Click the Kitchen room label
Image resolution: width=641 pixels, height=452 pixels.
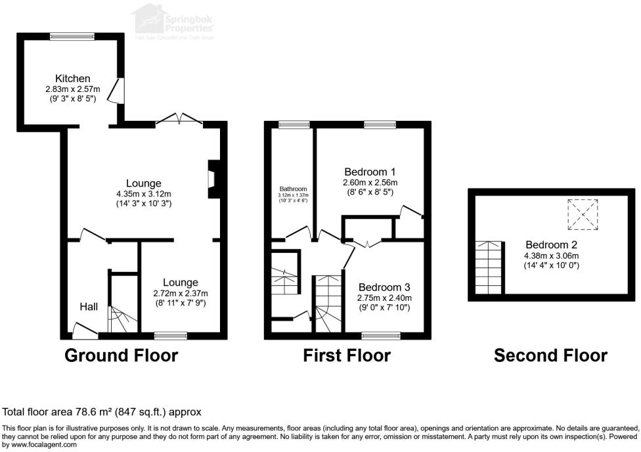[72, 79]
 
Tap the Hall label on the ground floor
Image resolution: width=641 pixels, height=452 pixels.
[89, 307]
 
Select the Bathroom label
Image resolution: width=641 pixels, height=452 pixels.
[292, 187]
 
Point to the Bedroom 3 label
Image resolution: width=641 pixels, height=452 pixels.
[384, 287]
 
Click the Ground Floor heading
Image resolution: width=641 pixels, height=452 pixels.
[121, 356]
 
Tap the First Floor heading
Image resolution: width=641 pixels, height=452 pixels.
[347, 356]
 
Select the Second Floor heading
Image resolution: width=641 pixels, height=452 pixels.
[550, 356]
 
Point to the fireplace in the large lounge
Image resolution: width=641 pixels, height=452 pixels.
[212, 179]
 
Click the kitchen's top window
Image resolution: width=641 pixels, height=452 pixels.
[72, 37]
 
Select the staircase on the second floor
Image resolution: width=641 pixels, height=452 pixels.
[488, 268]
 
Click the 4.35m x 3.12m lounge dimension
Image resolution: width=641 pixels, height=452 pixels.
[144, 194]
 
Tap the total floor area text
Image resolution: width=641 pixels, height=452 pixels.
[102, 412]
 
